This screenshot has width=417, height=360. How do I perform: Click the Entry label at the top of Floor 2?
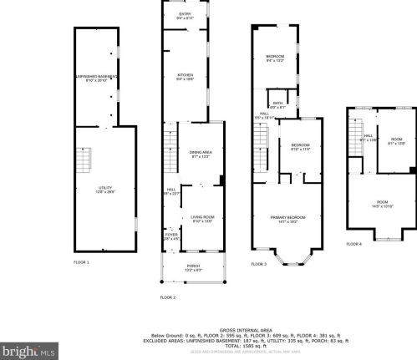(186, 16)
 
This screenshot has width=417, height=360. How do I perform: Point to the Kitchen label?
(186, 76)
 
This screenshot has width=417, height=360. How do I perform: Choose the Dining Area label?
(201, 155)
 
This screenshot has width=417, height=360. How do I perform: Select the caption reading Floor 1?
(81, 262)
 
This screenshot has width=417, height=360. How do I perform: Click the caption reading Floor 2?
(168, 297)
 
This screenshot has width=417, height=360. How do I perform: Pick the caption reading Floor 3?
(258, 263)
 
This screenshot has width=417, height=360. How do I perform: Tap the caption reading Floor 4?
(354, 244)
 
